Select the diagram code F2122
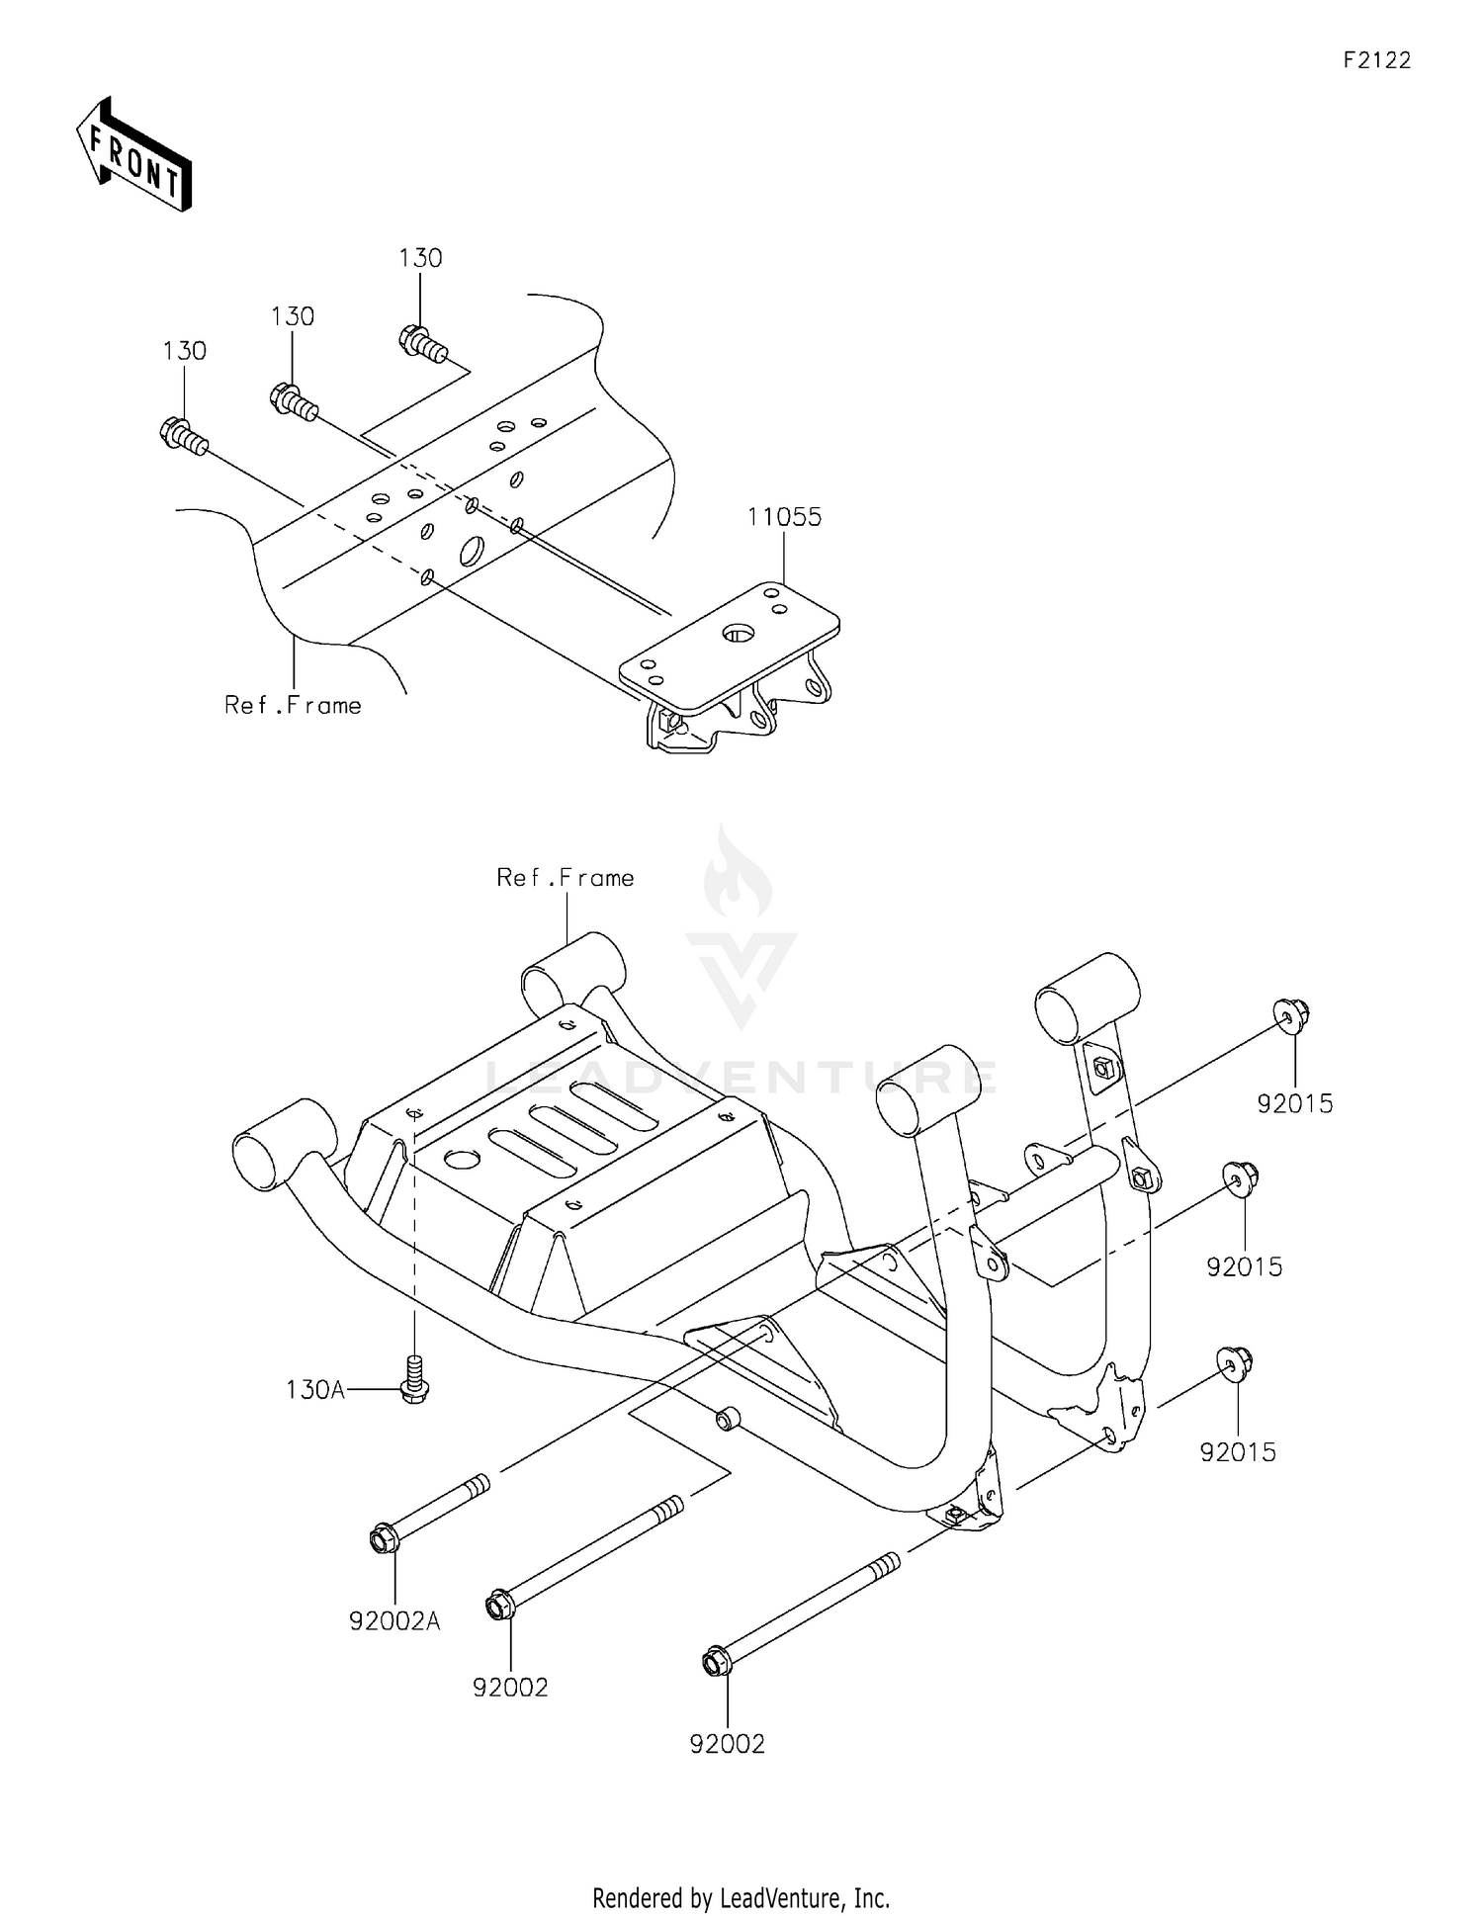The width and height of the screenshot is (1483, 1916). [1376, 60]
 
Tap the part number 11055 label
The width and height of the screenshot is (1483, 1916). [784, 517]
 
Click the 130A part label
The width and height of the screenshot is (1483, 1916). [315, 1390]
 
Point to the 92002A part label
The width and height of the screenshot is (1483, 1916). [394, 1622]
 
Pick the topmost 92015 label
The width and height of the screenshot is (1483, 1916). [1295, 1103]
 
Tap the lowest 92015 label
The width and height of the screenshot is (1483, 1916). [1238, 1452]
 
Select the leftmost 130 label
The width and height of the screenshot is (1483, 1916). [185, 351]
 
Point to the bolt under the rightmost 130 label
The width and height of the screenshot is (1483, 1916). [423, 344]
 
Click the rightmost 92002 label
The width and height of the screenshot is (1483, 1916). [728, 1744]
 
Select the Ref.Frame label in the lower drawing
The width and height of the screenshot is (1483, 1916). [566, 878]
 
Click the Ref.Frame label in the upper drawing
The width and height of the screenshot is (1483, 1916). [293, 706]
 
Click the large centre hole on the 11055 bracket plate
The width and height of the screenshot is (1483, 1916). [738, 632]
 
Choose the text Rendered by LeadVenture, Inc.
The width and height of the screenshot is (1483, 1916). [741, 1897]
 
